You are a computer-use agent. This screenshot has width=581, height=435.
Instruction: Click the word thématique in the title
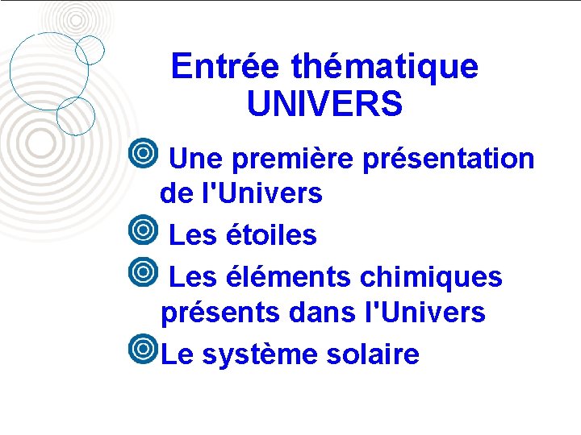click(x=385, y=66)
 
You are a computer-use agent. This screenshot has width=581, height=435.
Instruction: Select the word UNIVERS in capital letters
click(x=324, y=104)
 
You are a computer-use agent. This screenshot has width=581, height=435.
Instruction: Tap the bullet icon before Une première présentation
click(x=144, y=153)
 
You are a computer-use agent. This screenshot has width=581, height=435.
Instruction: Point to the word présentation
click(x=448, y=159)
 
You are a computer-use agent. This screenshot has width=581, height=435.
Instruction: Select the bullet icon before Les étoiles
click(x=144, y=230)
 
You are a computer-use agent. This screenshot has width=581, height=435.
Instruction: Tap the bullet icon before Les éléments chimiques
click(x=144, y=271)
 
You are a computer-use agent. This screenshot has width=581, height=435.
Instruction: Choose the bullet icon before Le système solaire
click(x=144, y=349)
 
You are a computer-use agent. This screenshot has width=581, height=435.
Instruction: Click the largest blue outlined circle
click(x=48, y=71)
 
